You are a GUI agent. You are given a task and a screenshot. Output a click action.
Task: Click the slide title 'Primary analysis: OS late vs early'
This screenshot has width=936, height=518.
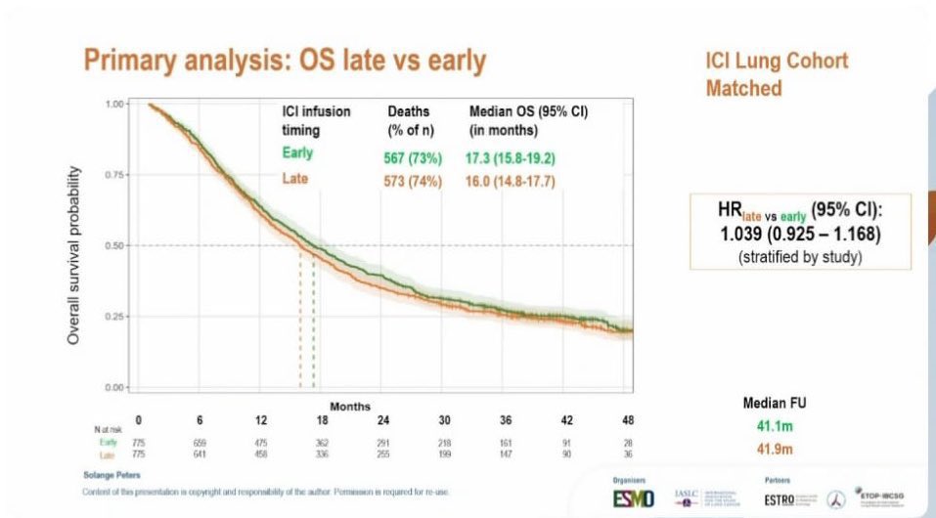284,61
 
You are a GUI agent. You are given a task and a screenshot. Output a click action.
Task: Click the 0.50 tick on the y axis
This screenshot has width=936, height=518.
115,245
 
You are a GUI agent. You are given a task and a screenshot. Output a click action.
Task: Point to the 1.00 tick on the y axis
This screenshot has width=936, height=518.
115,104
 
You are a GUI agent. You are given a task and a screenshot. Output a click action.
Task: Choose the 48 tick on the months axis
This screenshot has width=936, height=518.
628,420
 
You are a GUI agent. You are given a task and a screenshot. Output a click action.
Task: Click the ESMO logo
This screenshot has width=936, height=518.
633,499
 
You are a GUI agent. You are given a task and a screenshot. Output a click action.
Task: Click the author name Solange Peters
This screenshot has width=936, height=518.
110,474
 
